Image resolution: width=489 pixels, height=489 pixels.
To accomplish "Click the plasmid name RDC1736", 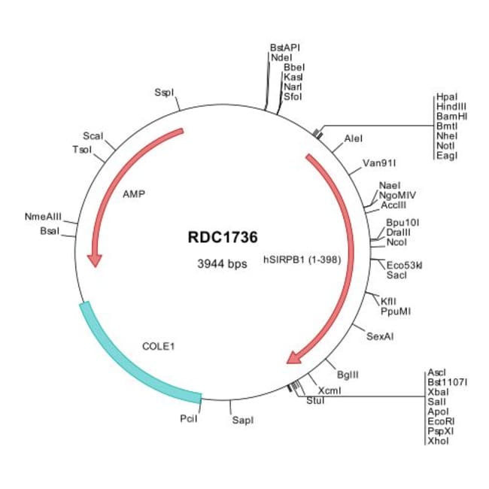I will [x=222, y=237].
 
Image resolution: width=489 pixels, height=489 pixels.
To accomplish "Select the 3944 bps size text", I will [x=222, y=264].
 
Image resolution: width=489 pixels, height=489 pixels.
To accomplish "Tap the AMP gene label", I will [x=133, y=193].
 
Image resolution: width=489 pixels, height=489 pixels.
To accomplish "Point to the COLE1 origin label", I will [x=158, y=347].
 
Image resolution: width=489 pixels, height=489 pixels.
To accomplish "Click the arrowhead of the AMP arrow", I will [x=95, y=259].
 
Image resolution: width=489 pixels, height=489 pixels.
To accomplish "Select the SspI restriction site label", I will [x=164, y=93].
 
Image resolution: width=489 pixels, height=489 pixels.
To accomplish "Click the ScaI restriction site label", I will [x=93, y=135].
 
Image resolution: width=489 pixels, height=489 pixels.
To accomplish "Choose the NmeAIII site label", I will [x=43, y=217].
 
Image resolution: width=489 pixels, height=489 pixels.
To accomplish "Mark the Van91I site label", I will [x=379, y=162].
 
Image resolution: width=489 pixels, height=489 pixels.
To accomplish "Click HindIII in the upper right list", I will [x=451, y=108].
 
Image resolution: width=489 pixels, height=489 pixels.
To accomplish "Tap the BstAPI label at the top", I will [x=285, y=47].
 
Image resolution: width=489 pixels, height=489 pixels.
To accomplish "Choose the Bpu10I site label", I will [x=402, y=223].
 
